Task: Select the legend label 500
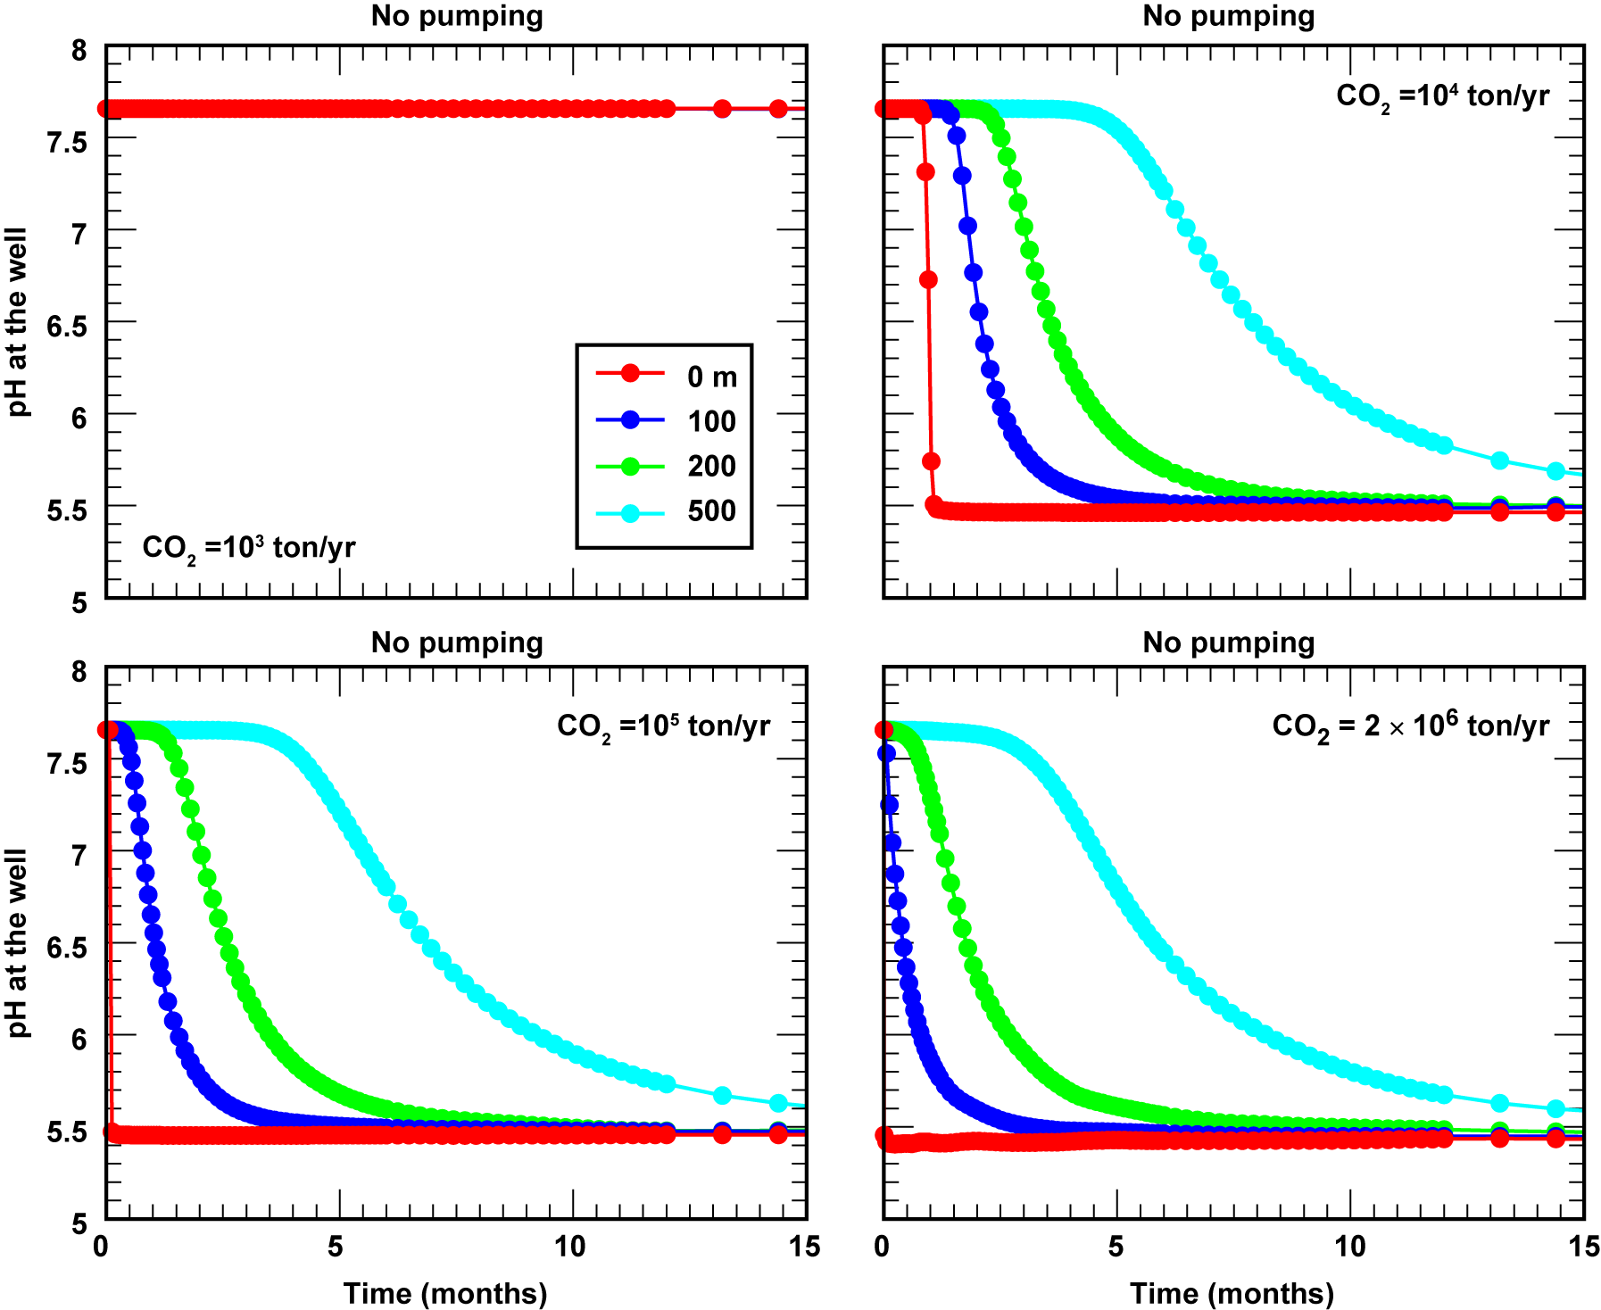pyautogui.click(x=711, y=510)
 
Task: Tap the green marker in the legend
pyautogui.click(x=630, y=466)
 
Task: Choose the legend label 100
pyautogui.click(x=711, y=421)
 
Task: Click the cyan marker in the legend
pyautogui.click(x=630, y=513)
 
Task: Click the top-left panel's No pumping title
pyautogui.click(x=457, y=16)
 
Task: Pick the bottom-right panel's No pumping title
pyautogui.click(x=1229, y=643)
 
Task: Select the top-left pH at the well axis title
pyautogui.click(x=18, y=322)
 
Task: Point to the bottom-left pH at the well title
pyautogui.click(x=18, y=943)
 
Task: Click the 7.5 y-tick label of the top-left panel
pyautogui.click(x=67, y=141)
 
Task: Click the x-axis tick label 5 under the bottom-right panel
pyautogui.click(x=1116, y=1247)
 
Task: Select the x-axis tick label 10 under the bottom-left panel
pyautogui.click(x=570, y=1247)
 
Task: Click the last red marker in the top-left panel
pyautogui.click(x=778, y=109)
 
